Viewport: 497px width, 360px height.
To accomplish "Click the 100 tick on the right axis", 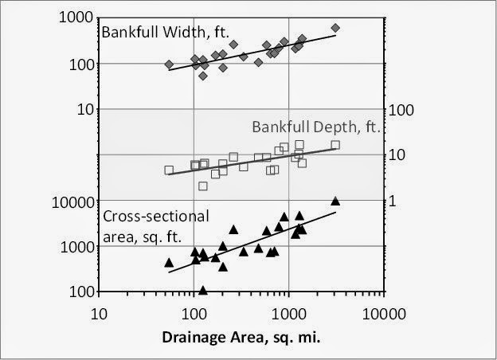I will pos(397,109).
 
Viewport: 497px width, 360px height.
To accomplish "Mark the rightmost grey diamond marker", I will pos(335,28).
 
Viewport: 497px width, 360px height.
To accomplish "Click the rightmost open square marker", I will pos(335,145).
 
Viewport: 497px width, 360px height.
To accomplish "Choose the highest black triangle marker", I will pos(335,201).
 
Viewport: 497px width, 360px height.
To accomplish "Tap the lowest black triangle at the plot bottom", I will pos(203,291).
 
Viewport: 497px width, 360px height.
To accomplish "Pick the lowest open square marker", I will pos(203,186).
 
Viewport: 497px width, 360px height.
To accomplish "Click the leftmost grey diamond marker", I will pos(169,65).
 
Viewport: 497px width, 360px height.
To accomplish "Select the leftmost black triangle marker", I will pos(169,262).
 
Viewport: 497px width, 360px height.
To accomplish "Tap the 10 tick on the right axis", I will pos(394,155).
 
